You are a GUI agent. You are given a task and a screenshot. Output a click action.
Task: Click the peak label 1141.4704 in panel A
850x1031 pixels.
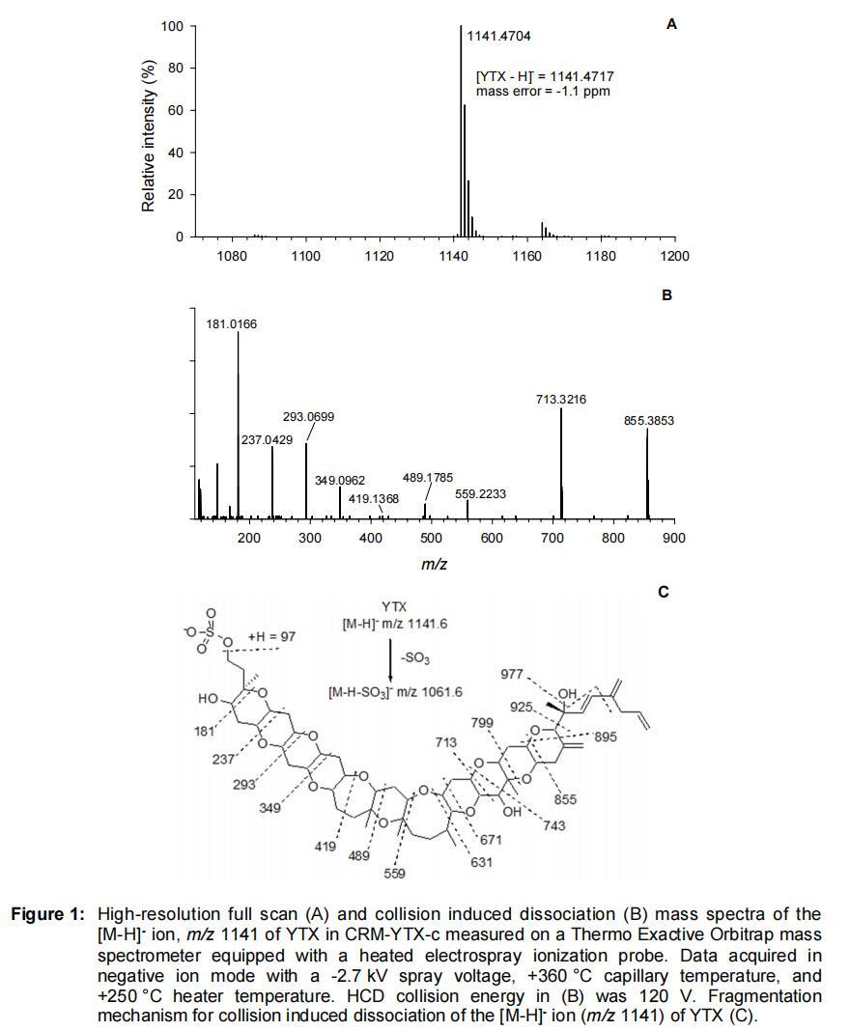click(x=498, y=37)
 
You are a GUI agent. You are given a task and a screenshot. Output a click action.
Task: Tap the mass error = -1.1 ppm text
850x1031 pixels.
click(x=543, y=92)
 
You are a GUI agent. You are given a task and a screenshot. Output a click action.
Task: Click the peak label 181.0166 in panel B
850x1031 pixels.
click(x=232, y=325)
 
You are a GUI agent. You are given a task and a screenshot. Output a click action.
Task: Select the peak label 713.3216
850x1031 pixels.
click(x=561, y=400)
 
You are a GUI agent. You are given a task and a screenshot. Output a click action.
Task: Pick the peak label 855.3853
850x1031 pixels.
click(x=649, y=421)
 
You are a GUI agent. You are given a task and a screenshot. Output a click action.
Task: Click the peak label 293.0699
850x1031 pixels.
click(x=309, y=417)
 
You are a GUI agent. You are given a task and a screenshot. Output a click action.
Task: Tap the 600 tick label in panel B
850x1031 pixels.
click(x=492, y=539)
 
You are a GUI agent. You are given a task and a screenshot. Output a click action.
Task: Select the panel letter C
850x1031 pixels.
click(x=664, y=592)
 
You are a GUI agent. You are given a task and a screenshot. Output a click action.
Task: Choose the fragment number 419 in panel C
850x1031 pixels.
click(x=325, y=847)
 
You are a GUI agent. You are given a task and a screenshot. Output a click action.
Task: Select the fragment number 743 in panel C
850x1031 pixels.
click(x=555, y=826)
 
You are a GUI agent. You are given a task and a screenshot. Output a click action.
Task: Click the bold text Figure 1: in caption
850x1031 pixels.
click(x=48, y=914)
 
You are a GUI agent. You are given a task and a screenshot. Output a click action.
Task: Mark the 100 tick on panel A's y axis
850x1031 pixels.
click(x=172, y=26)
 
